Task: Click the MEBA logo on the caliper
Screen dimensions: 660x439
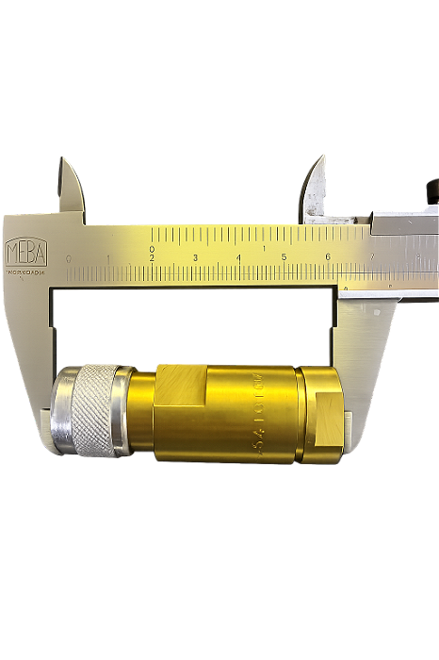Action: pyautogui.click(x=24, y=252)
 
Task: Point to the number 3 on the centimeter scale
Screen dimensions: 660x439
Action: pyautogui.click(x=195, y=257)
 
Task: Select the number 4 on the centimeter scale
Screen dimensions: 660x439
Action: pyautogui.click(x=239, y=257)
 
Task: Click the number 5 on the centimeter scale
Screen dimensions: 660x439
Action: pyautogui.click(x=284, y=257)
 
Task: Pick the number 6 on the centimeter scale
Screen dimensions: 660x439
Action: pyautogui.click(x=328, y=257)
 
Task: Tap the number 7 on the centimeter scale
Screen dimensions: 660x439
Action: pyautogui.click(x=373, y=256)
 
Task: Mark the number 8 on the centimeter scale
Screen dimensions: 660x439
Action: pyautogui.click(x=417, y=256)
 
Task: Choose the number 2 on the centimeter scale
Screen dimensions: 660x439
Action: pyautogui.click(x=152, y=257)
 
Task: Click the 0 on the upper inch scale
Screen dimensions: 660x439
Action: pyautogui.click(x=152, y=249)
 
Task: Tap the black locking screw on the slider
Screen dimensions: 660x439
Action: pyautogui.click(x=431, y=191)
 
